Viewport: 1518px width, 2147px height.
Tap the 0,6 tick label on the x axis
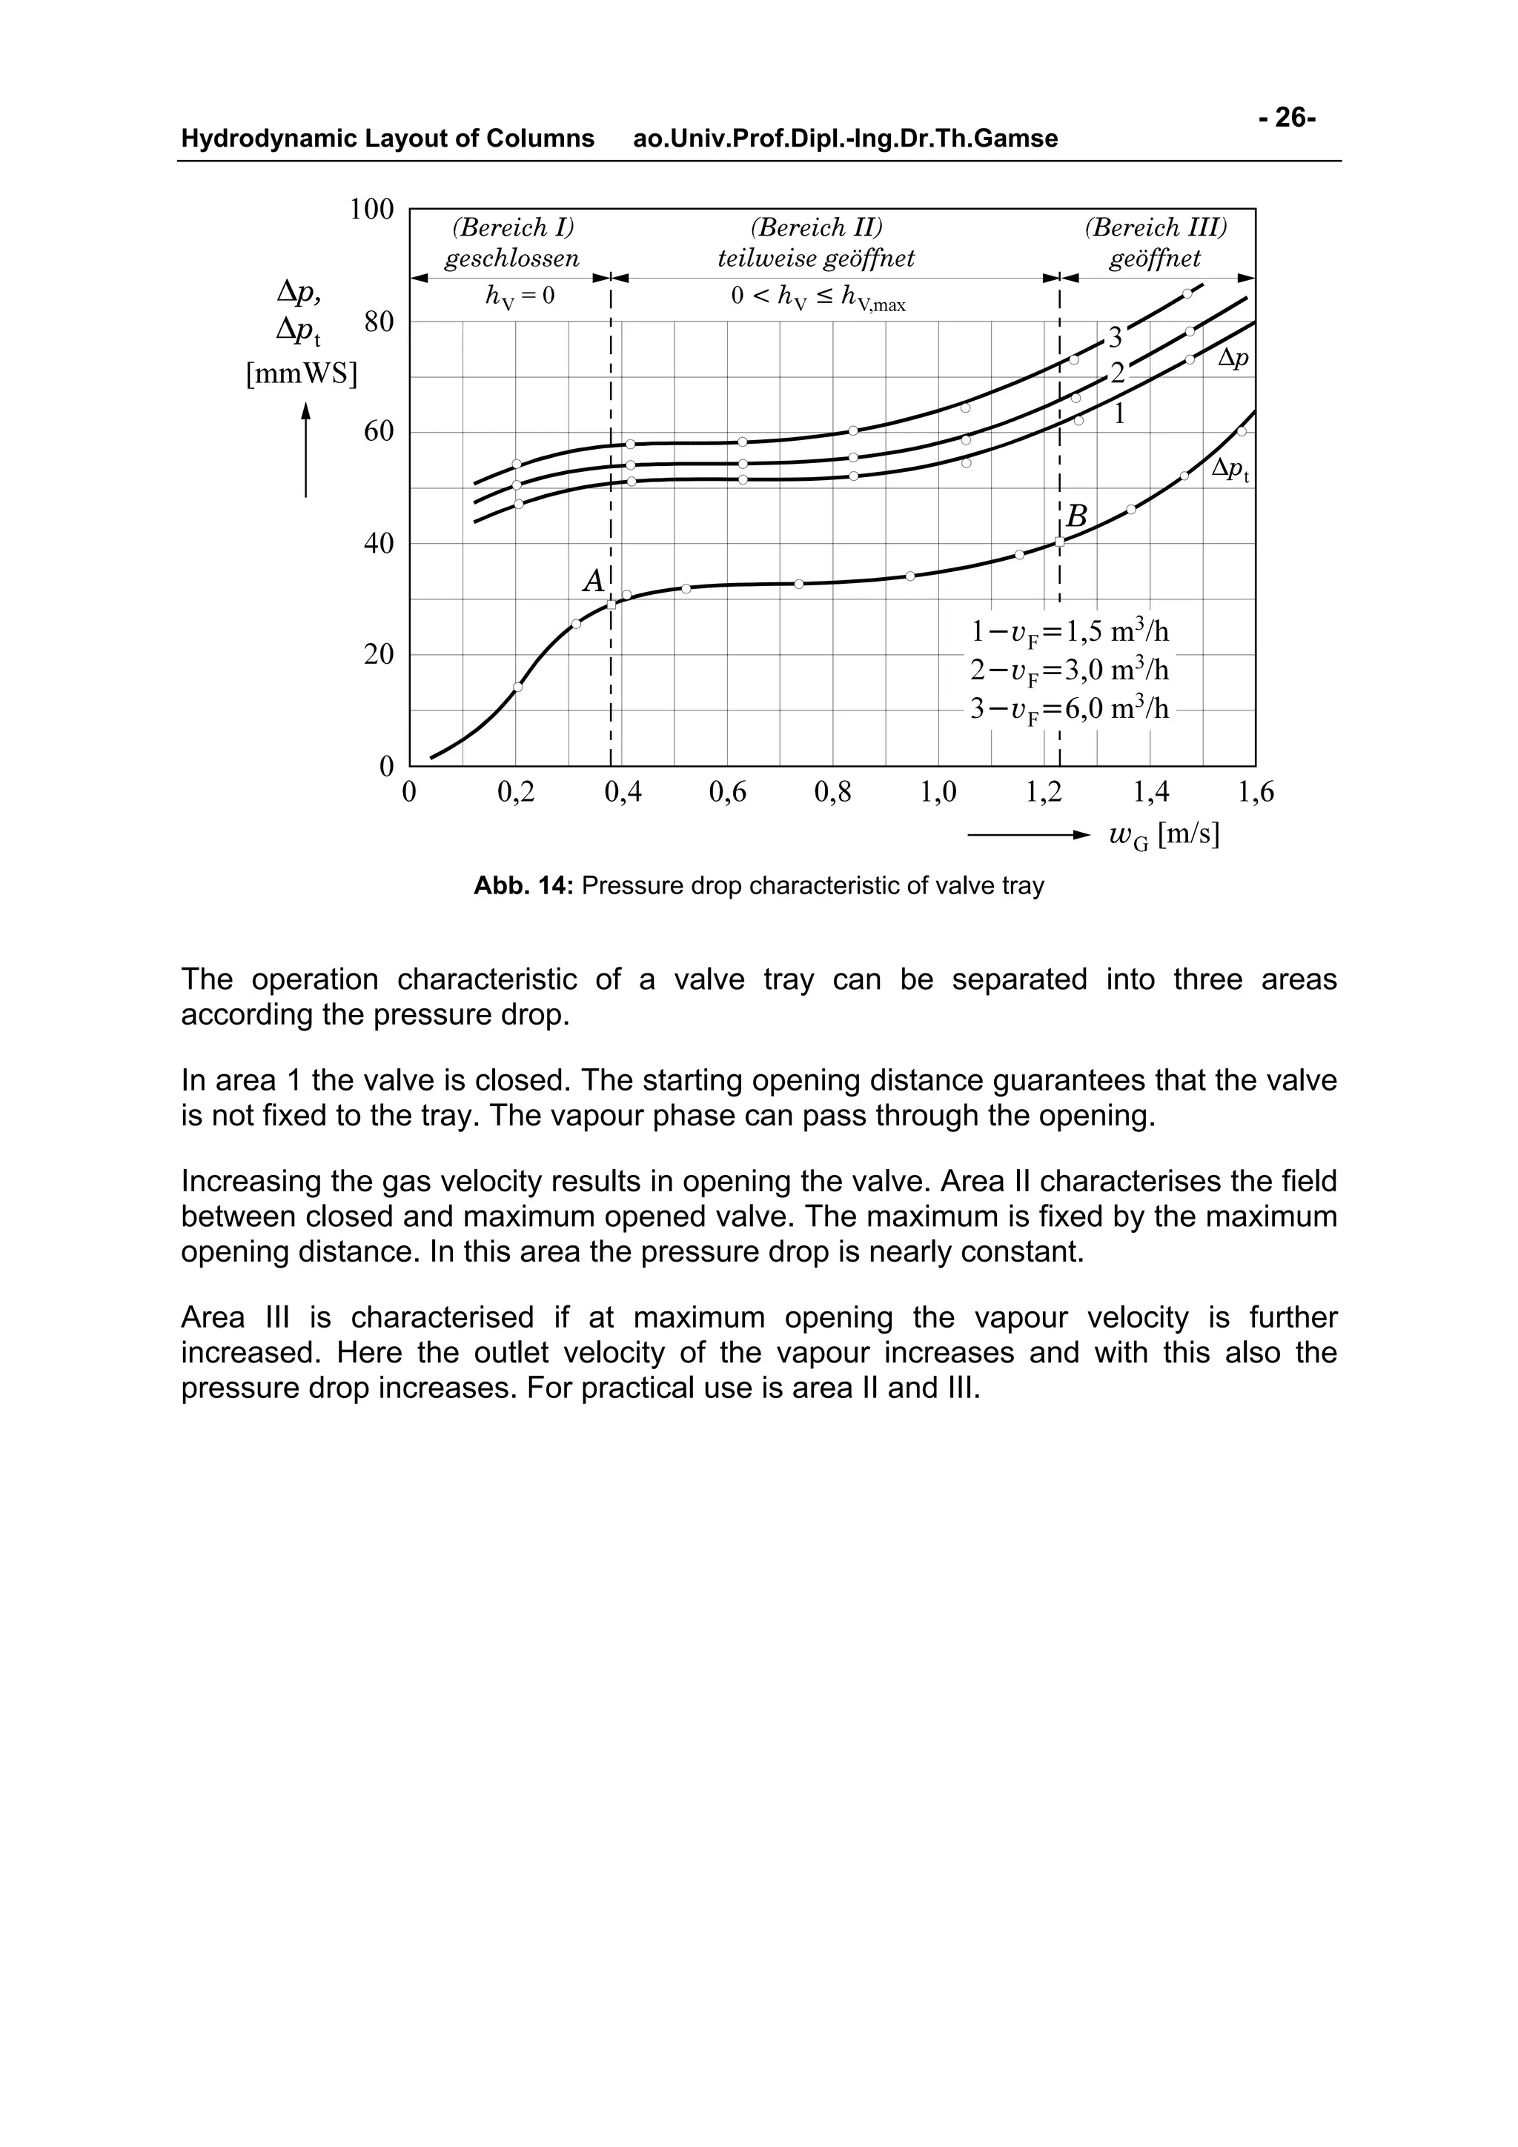[x=728, y=793]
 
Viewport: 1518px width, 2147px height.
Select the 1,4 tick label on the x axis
[x=1150, y=793]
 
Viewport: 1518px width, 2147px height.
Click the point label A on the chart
[x=593, y=581]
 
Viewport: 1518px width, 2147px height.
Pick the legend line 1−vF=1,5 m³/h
[x=1069, y=632]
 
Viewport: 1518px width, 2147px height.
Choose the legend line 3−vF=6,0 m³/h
[x=1069, y=709]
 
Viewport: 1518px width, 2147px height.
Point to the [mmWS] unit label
[x=301, y=374]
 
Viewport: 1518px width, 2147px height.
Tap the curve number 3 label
[x=1115, y=336]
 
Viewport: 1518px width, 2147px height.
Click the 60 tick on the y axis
[x=379, y=432]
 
